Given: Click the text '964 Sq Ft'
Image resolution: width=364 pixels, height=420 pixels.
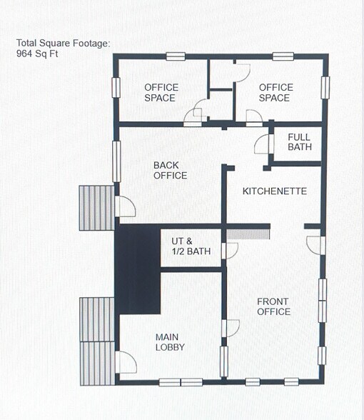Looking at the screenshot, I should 38,54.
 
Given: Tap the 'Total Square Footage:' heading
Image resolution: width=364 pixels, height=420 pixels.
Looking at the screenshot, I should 64,44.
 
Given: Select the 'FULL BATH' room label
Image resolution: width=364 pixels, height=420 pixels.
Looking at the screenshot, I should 300,142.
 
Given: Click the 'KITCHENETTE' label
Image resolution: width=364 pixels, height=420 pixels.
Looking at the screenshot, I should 275,191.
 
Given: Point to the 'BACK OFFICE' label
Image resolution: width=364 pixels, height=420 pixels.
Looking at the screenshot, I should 171,170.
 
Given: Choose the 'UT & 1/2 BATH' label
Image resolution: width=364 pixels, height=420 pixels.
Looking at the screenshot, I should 191,246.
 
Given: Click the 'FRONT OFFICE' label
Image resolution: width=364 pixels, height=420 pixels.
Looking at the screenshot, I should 273,306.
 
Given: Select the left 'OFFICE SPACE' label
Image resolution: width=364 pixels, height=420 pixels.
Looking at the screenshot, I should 161,92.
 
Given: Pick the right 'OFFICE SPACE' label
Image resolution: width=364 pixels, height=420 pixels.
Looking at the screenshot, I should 275,92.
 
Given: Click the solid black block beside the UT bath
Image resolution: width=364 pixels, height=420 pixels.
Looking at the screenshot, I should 138,268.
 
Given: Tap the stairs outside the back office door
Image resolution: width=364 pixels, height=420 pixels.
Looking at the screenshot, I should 96,208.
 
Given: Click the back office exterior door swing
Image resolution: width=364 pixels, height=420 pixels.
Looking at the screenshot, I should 126,206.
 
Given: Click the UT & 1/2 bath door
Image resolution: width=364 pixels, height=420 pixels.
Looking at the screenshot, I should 229,251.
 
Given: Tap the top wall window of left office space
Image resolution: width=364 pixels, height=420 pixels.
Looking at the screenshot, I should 176,56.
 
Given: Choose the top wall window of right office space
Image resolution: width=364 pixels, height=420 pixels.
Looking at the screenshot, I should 283,56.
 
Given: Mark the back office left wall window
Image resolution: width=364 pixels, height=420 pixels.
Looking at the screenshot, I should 116,161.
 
